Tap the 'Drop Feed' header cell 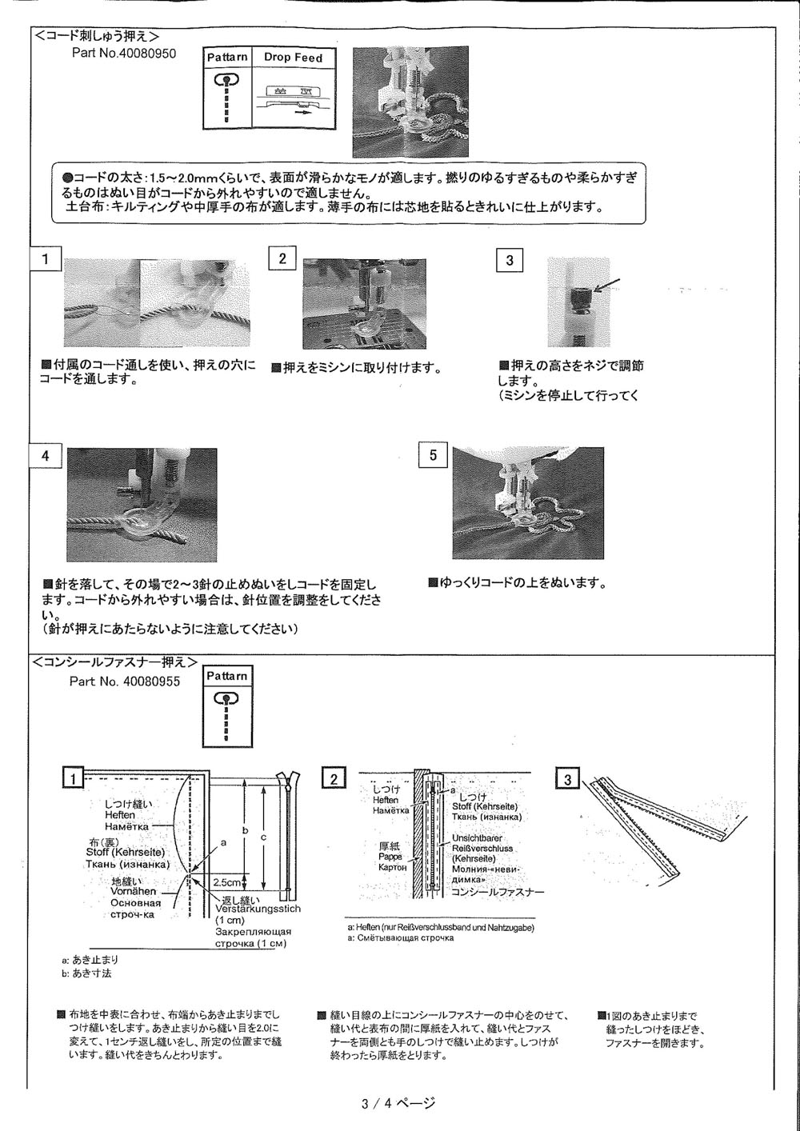pos(293,58)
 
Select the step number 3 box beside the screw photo pos(510,261)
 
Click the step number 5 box pos(433,455)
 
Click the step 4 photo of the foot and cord pos(142,504)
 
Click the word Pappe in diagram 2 pos(390,856)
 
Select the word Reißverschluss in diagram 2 pos(482,848)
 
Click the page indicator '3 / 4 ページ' pos(398,1105)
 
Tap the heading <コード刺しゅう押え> pos(96,36)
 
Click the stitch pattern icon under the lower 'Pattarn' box pos(227,716)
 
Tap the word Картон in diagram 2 pos(393,867)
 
